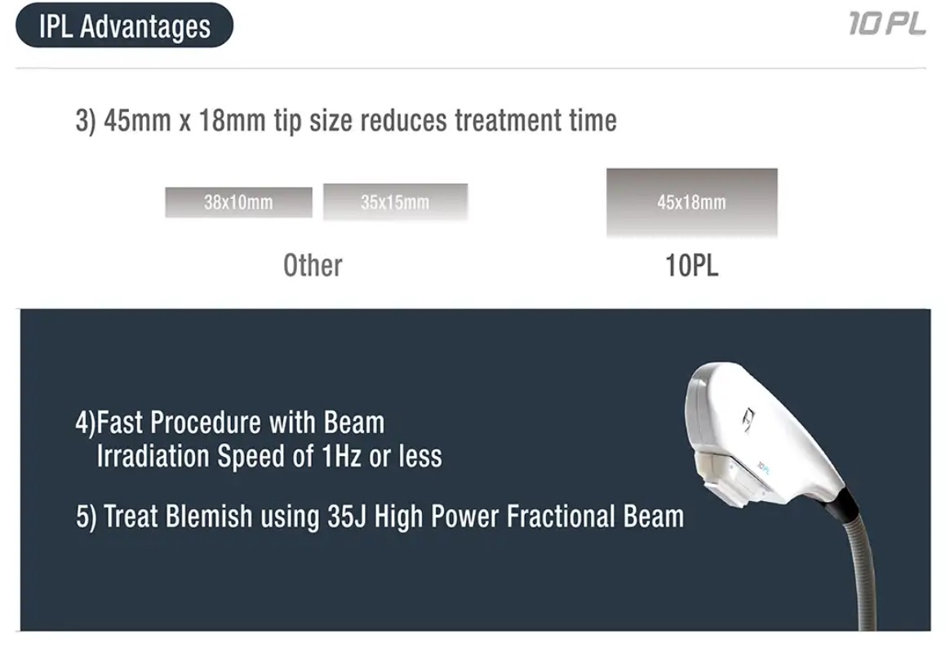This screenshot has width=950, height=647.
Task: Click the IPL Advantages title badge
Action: (124, 25)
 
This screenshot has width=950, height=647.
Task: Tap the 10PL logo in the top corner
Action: (887, 24)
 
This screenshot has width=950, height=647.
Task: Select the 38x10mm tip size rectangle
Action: (238, 202)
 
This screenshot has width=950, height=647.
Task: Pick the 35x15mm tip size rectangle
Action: (396, 202)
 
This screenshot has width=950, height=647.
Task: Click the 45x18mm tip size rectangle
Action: (692, 202)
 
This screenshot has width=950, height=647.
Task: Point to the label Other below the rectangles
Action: (313, 265)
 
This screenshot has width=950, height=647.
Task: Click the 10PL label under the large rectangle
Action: (692, 265)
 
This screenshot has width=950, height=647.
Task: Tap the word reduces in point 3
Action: (404, 120)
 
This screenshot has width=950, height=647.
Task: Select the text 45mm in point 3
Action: (137, 120)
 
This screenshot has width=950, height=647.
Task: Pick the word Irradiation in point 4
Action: (153, 456)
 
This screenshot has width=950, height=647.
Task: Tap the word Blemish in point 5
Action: (208, 516)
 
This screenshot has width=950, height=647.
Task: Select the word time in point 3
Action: (593, 120)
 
